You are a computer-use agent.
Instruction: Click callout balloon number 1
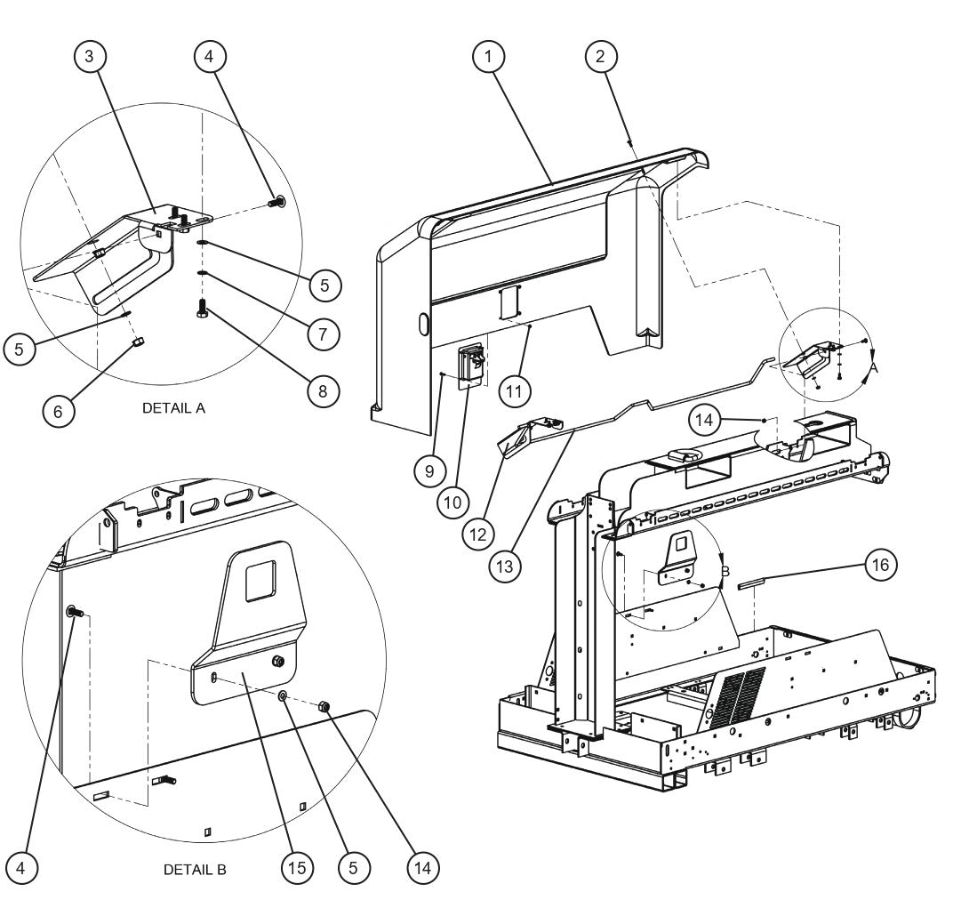click(x=488, y=57)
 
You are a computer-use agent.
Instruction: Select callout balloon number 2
click(x=601, y=57)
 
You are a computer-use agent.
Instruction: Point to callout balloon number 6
click(x=59, y=411)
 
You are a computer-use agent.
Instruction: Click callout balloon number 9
click(x=429, y=470)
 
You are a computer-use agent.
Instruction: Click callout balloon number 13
click(x=509, y=565)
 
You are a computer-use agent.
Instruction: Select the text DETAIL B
click(x=195, y=869)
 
